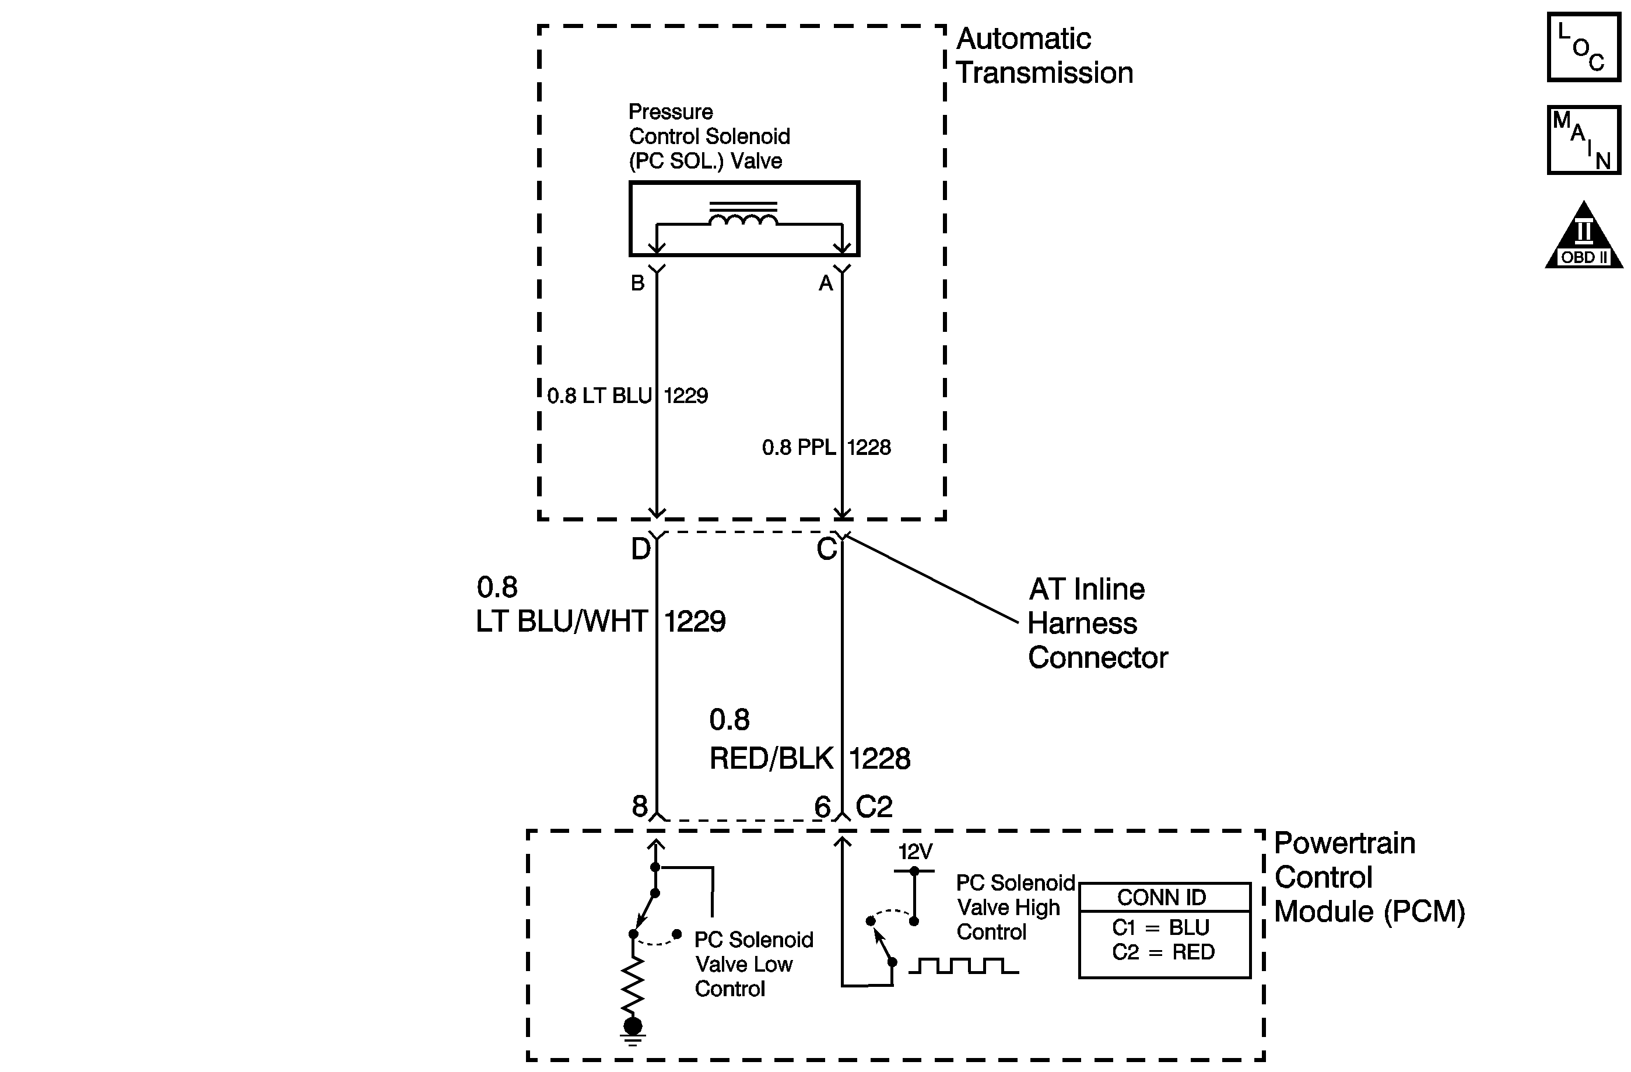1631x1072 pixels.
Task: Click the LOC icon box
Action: click(1584, 47)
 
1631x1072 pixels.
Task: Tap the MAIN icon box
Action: click(1584, 140)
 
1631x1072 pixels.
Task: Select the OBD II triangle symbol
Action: click(1584, 234)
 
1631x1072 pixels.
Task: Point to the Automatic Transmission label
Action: click(1044, 55)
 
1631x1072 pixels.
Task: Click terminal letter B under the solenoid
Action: click(637, 283)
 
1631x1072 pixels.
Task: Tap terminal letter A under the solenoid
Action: click(826, 283)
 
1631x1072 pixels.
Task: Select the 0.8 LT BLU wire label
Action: click(599, 395)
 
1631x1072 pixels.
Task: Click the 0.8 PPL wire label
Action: click(799, 447)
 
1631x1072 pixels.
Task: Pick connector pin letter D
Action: click(641, 549)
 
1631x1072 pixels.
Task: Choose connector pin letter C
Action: click(826, 549)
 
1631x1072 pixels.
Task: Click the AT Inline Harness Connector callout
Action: click(1098, 623)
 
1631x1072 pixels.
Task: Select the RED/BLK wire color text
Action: click(771, 759)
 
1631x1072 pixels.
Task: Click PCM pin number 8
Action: click(639, 806)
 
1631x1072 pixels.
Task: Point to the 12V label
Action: click(916, 852)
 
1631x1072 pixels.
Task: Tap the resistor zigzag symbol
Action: click(633, 987)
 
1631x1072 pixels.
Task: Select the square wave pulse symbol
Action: click(963, 966)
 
